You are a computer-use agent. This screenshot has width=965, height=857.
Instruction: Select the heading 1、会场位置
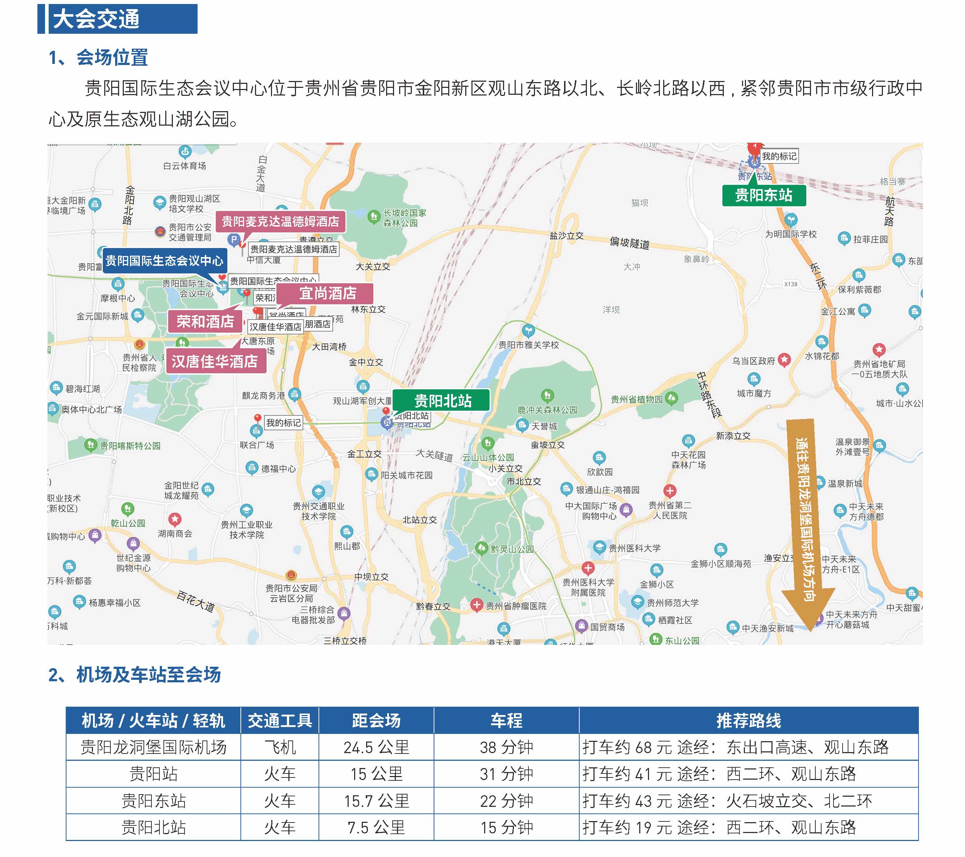[x=98, y=58]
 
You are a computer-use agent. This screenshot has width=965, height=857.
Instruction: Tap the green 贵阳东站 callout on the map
[x=763, y=195]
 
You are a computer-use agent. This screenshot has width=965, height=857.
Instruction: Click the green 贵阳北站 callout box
[x=442, y=401]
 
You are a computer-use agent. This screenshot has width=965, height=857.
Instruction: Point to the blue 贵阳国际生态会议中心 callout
[x=164, y=260]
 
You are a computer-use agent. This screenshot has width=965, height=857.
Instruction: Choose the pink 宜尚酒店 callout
[x=327, y=293]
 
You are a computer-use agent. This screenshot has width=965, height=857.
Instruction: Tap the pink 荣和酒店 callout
[x=205, y=322]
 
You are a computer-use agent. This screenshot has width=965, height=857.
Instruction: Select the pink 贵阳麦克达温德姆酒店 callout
[x=280, y=221]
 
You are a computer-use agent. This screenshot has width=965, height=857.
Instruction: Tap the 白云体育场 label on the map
[x=185, y=166]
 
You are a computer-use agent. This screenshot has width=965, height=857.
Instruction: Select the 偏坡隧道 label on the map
[x=629, y=243]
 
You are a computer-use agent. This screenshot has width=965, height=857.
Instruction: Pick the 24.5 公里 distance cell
[x=376, y=747]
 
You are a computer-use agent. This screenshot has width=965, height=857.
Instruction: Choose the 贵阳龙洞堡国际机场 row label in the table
[x=153, y=747]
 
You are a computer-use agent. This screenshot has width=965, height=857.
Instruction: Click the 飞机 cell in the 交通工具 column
[x=280, y=747]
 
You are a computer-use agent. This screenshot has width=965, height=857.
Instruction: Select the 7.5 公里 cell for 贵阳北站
[x=376, y=827]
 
